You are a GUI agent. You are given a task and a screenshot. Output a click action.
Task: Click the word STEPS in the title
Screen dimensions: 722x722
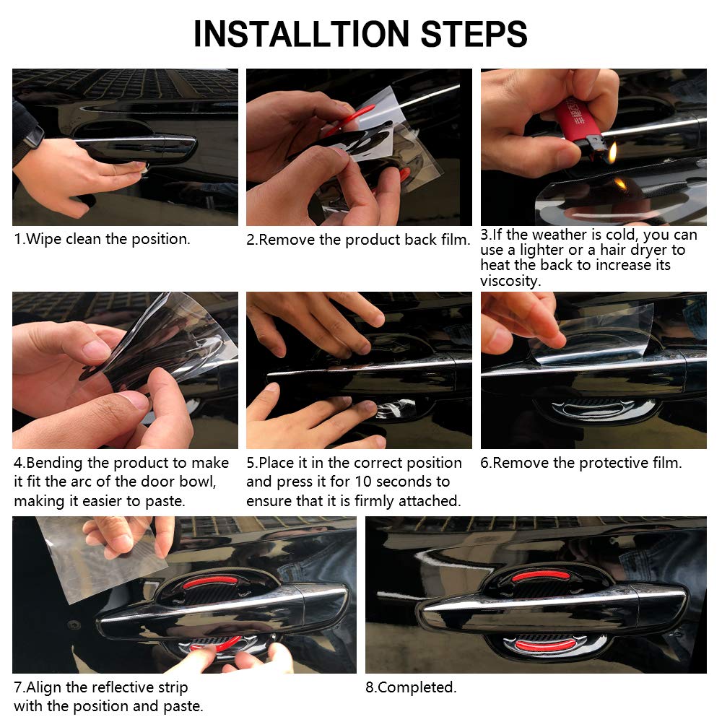pos(474,34)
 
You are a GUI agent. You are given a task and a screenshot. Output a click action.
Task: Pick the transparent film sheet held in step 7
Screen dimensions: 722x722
pos(101,558)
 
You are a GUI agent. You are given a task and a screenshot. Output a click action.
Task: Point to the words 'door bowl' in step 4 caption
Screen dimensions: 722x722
pos(178,482)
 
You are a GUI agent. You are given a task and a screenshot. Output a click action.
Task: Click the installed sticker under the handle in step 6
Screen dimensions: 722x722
pos(594,410)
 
